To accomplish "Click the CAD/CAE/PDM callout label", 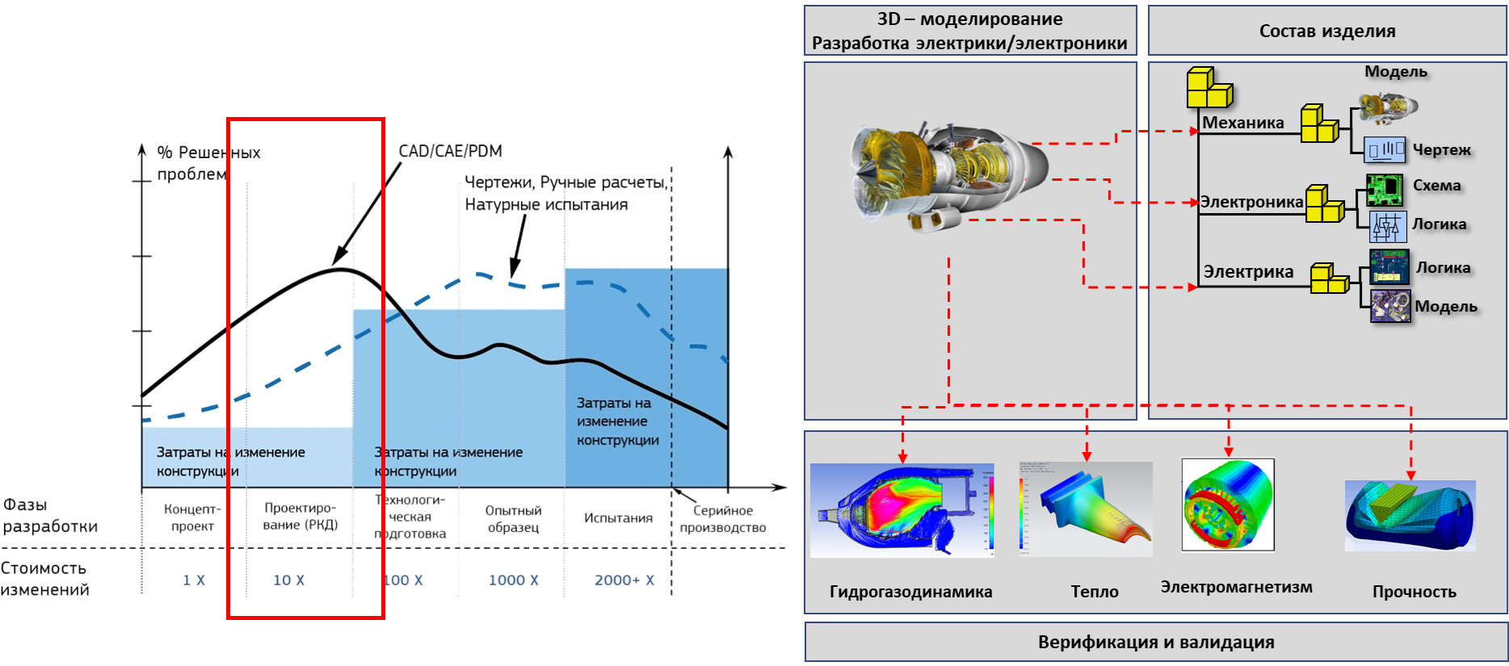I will pyautogui.click(x=450, y=151).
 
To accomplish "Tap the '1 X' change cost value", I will pyautogui.click(x=194, y=580).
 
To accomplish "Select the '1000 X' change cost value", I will pyautogui.click(x=513, y=580).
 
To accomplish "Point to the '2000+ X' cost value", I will pyautogui.click(x=624, y=580).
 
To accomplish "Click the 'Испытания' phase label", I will pyautogui.click(x=619, y=517).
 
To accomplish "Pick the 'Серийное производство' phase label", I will pyautogui.click(x=723, y=518).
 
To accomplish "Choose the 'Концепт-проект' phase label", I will pyautogui.click(x=192, y=517).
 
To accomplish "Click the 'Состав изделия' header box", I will pyautogui.click(x=1327, y=31).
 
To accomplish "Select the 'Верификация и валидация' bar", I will pyautogui.click(x=1156, y=643).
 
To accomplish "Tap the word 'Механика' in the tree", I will pyautogui.click(x=1242, y=123).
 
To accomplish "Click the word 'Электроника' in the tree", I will pyautogui.click(x=1251, y=202).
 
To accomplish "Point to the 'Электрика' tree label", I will pyautogui.click(x=1248, y=272).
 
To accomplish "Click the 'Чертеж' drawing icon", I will pyautogui.click(x=1385, y=150).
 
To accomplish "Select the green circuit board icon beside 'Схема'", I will pyautogui.click(x=1385, y=189).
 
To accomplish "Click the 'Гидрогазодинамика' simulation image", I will pyautogui.click(x=902, y=510).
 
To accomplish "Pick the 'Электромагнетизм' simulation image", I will pyautogui.click(x=1228, y=505).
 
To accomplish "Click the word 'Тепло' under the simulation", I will pyautogui.click(x=1095, y=592).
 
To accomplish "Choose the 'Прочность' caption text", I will pyautogui.click(x=1414, y=592).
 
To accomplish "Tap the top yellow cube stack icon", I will pyautogui.click(x=1208, y=89).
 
